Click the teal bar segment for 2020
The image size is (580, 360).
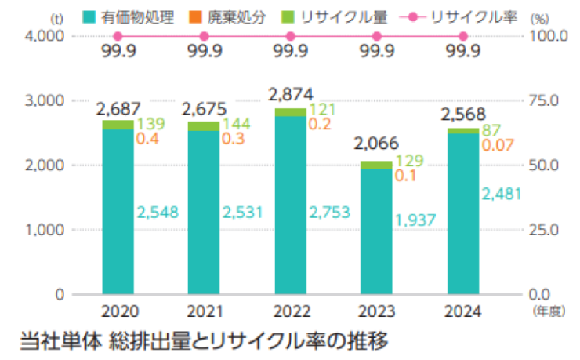[118, 212]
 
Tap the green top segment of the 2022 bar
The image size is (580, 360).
[290, 112]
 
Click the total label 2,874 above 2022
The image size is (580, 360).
[290, 95]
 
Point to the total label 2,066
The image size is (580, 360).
[376, 144]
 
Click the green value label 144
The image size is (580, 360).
[236, 125]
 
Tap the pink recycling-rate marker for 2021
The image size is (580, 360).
[204, 36]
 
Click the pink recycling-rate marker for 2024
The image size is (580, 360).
[462, 36]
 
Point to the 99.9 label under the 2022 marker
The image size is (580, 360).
[290, 53]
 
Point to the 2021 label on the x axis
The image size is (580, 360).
[204, 308]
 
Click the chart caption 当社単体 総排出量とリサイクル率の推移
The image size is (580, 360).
[203, 341]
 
